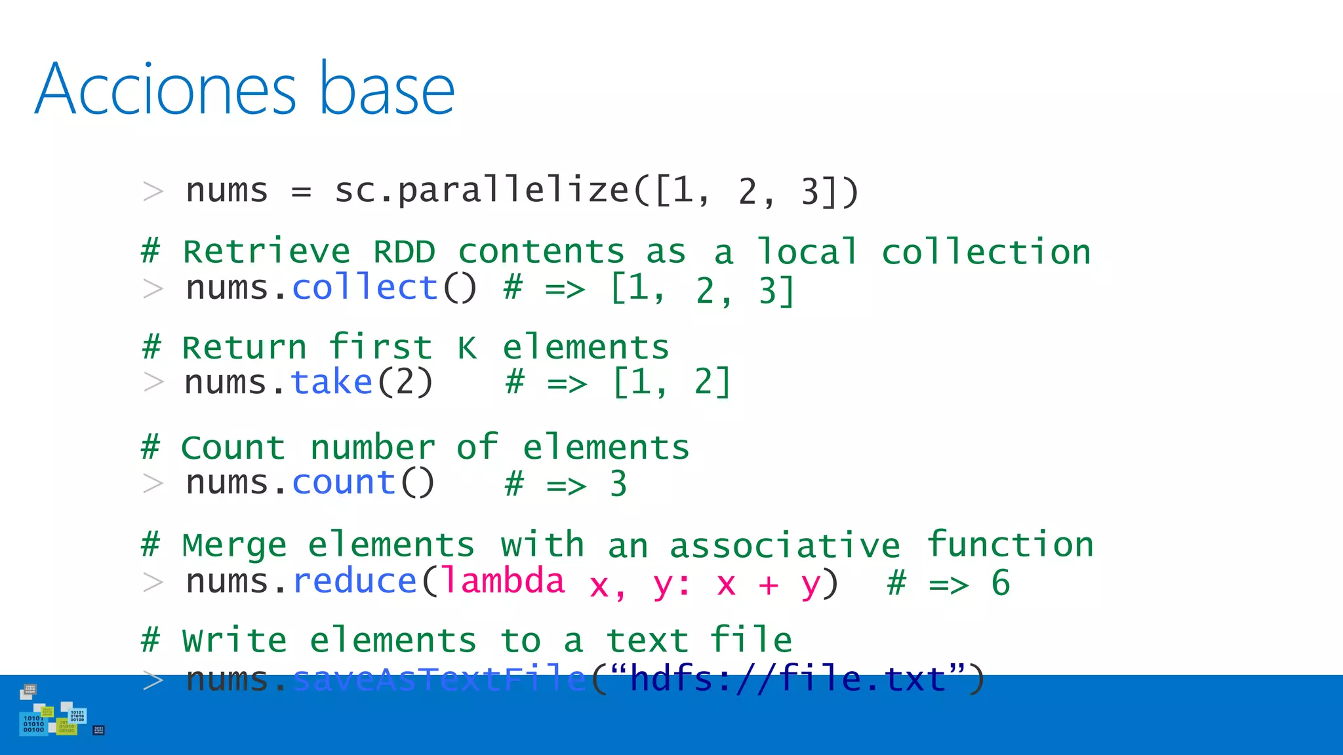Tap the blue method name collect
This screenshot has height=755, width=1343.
tap(365, 288)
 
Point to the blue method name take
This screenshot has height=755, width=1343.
tap(332, 382)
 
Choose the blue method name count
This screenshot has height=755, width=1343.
tap(344, 483)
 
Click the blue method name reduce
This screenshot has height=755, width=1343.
tap(355, 581)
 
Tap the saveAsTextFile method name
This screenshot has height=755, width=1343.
tap(439, 679)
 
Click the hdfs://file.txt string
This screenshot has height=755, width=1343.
tap(788, 679)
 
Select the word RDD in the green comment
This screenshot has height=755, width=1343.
tap(404, 252)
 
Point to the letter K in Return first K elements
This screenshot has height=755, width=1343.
tap(467, 348)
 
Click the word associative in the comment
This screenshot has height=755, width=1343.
tap(784, 546)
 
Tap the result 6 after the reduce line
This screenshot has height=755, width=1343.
tap(1000, 583)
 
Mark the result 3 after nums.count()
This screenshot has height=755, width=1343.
tap(618, 484)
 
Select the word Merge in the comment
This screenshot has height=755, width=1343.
tap(234, 546)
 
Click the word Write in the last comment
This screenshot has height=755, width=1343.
tap(234, 641)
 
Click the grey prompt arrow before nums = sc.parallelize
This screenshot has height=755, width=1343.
tap(153, 191)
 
